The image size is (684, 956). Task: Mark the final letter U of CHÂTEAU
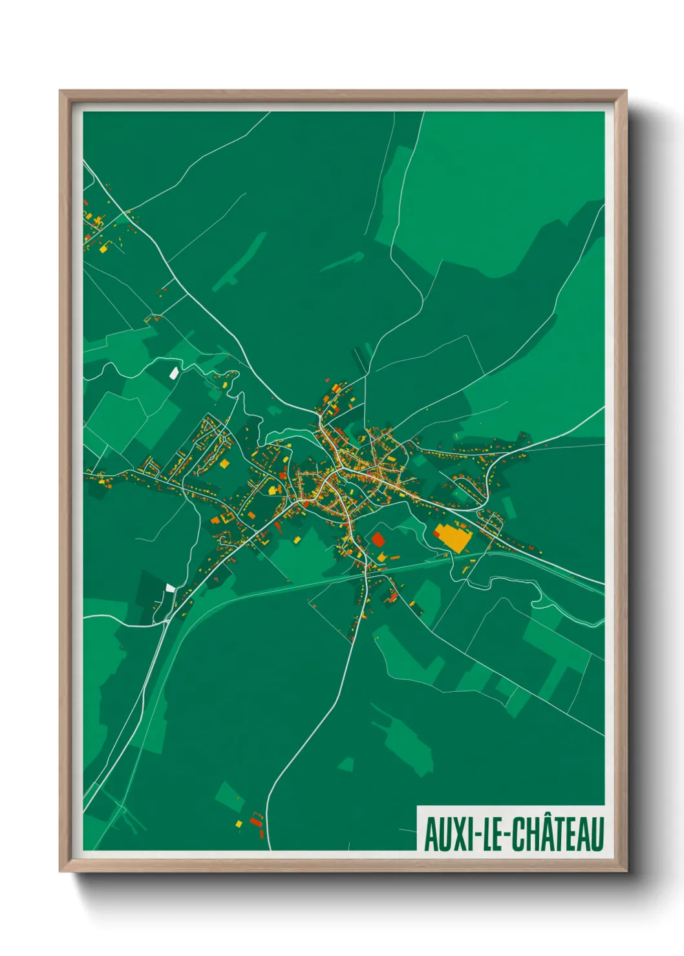[x=597, y=834]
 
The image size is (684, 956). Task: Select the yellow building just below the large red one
[x=381, y=557]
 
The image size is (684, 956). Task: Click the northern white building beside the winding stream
[x=173, y=373]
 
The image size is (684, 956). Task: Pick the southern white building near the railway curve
[x=170, y=588]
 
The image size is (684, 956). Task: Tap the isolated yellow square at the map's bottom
[x=238, y=824]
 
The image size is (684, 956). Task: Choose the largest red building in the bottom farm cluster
[x=255, y=821]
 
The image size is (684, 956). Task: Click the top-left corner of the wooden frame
[x=61, y=92]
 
